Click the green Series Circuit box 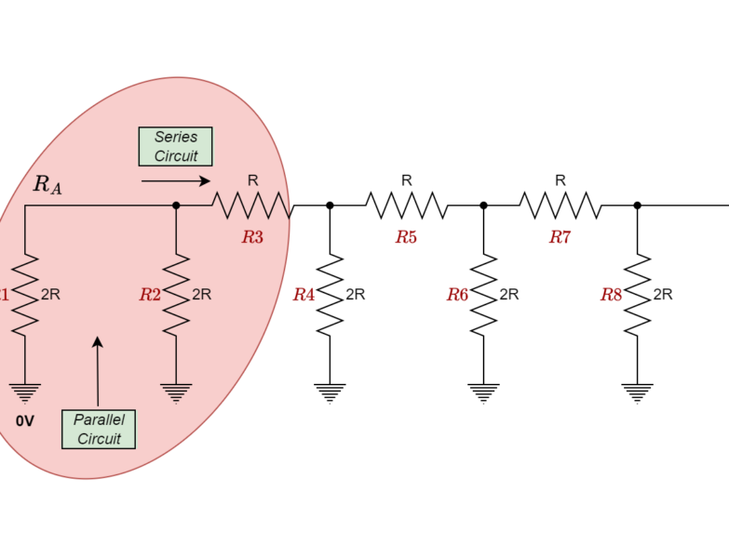coord(175,146)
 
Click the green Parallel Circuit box coord(99,429)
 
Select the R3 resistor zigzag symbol coord(251,206)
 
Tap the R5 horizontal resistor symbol coord(406,206)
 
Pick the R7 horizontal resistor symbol coord(560,206)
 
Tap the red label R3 coord(252,237)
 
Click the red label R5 coord(406,237)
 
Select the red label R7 coord(560,237)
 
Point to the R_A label coord(47,184)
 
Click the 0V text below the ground coord(25,421)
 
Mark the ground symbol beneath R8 coord(637,392)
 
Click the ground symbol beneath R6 coord(483,392)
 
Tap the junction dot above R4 coord(330,206)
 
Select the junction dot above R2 coord(176,206)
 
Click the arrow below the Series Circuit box coord(175,181)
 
